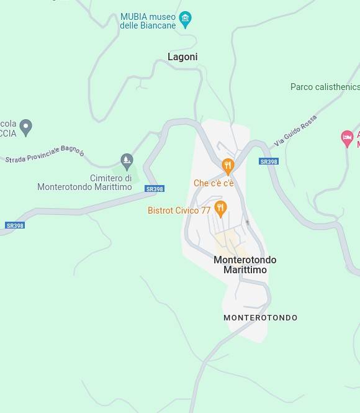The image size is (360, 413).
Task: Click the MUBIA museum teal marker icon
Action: click(185, 19)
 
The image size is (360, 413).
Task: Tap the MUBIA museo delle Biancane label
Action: click(148, 21)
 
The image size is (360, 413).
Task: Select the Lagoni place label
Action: click(182, 57)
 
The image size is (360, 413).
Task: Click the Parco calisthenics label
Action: click(325, 87)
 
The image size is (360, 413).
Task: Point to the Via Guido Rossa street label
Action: click(296, 130)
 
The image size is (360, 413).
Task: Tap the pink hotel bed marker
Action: click(348, 138)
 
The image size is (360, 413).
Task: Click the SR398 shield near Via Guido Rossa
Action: click(269, 161)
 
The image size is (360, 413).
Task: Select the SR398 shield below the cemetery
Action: click(155, 189)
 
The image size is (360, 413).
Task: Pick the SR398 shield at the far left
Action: click(15, 225)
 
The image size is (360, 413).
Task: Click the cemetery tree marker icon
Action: click(127, 161)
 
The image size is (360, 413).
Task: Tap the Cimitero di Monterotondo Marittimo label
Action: click(85, 183)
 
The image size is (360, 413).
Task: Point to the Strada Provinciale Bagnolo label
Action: click(45, 155)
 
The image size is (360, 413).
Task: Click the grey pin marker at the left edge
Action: click(25, 127)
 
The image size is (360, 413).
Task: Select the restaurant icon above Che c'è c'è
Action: click(228, 166)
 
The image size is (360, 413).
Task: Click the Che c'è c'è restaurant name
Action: click(214, 183)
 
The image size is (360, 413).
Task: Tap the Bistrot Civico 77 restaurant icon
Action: click(220, 208)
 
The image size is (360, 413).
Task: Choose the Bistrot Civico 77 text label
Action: click(179, 211)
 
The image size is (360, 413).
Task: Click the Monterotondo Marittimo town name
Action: click(245, 265)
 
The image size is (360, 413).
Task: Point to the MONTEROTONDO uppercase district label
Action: click(260, 318)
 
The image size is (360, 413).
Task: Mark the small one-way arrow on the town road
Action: click(247, 222)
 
